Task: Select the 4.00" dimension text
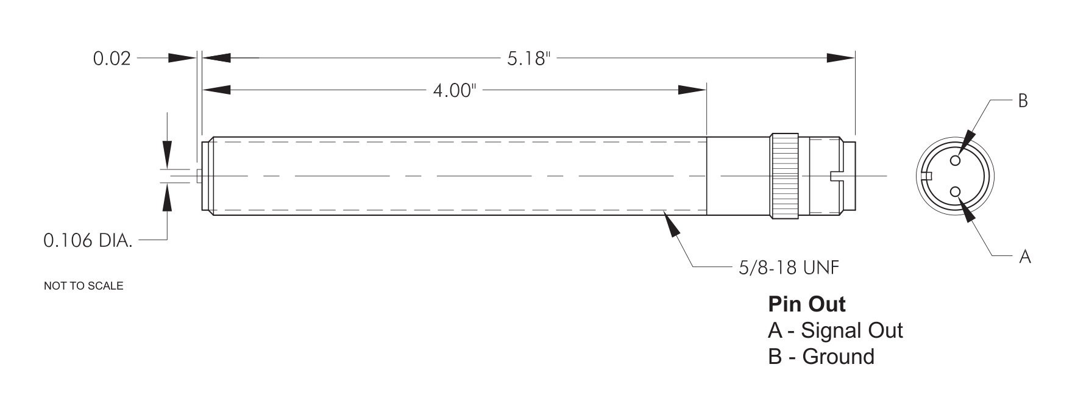point(453,91)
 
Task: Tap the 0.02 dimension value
point(112,59)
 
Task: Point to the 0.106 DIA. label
point(88,241)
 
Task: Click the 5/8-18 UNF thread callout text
point(789,268)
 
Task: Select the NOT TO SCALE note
point(83,286)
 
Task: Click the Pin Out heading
point(807,304)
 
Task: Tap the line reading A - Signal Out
point(835,330)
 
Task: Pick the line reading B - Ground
point(821,357)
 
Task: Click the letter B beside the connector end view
point(1023,101)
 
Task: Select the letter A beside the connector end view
point(1025,257)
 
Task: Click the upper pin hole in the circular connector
point(955,160)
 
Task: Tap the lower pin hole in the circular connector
point(955,193)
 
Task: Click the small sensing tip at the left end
point(199,176)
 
